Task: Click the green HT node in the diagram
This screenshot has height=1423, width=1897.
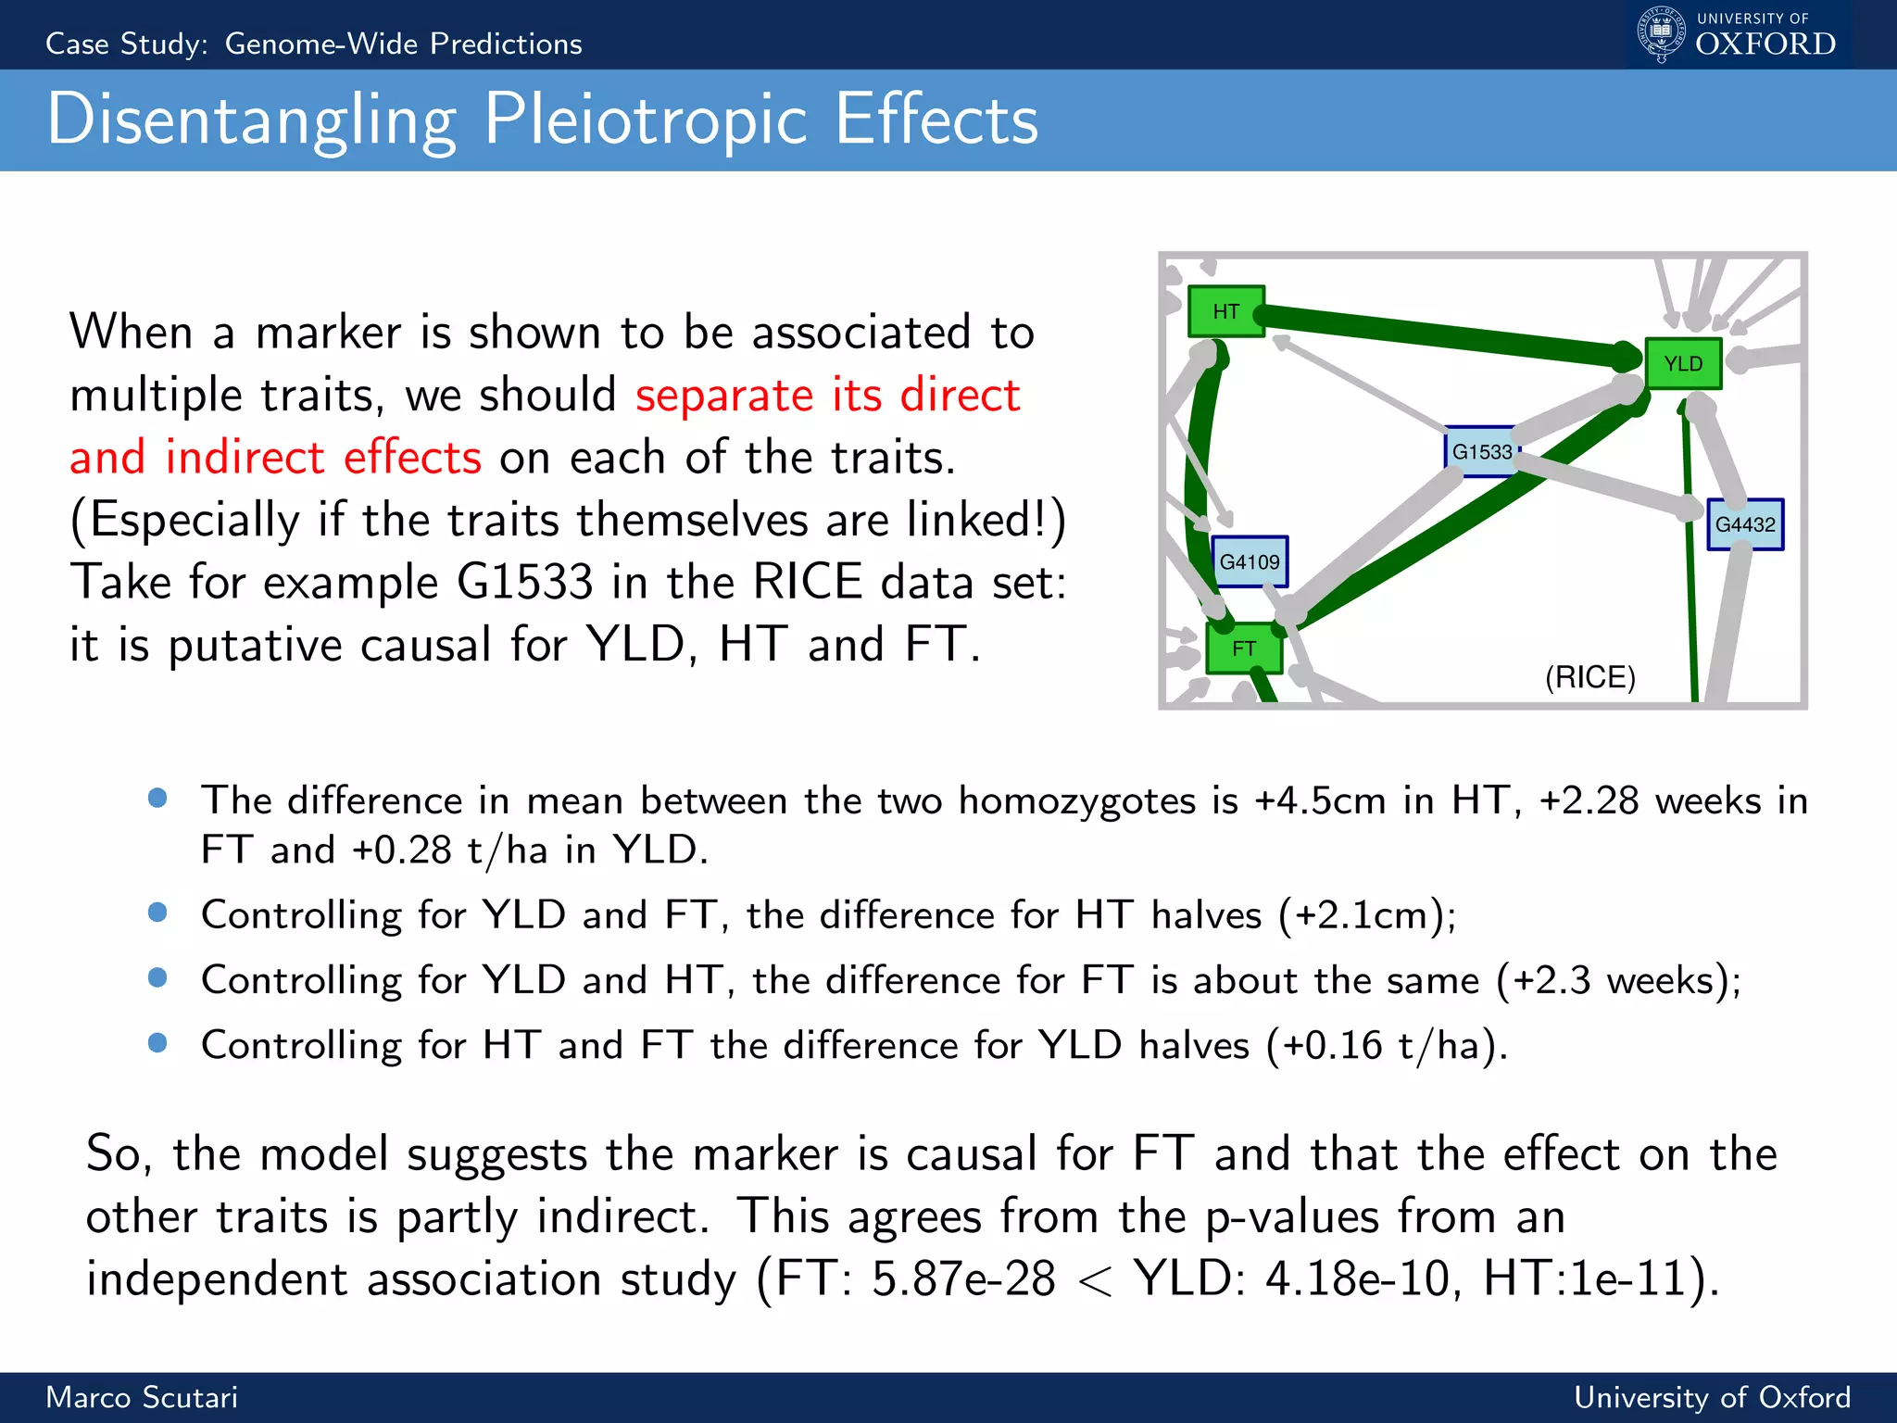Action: coord(1225,311)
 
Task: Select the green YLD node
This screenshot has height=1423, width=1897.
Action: coord(1683,363)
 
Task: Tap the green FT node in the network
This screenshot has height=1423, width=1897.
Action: coord(1243,649)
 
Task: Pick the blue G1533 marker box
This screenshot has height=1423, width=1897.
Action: coord(1481,452)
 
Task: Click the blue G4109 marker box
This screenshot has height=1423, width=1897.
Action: coord(1249,561)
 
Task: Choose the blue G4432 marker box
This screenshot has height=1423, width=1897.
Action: coord(1745,524)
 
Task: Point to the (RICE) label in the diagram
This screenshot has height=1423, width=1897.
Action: coord(1589,677)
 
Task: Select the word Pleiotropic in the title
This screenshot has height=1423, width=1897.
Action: coord(646,120)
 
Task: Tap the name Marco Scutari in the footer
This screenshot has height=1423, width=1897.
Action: coord(142,1397)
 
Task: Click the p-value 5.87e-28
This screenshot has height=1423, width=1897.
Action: coord(962,1279)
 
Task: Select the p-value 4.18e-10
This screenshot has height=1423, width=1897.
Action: coord(1357,1279)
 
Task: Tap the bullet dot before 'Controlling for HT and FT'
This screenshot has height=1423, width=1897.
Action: coord(157,1043)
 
